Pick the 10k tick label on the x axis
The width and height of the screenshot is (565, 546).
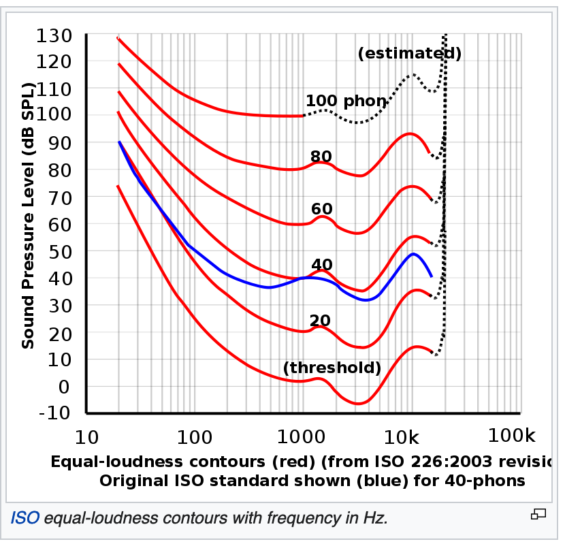[407, 436]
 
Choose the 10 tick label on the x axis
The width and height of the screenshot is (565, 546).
[86, 436]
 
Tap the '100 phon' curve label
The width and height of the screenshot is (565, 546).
[346, 101]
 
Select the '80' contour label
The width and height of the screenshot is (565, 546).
[321, 157]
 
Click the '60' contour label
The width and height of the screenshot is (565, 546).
[321, 209]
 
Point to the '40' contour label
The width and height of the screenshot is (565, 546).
[321, 265]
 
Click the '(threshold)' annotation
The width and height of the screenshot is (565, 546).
[332, 368]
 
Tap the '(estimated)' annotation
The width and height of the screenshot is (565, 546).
[410, 53]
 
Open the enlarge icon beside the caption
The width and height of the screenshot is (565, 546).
[539, 514]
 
